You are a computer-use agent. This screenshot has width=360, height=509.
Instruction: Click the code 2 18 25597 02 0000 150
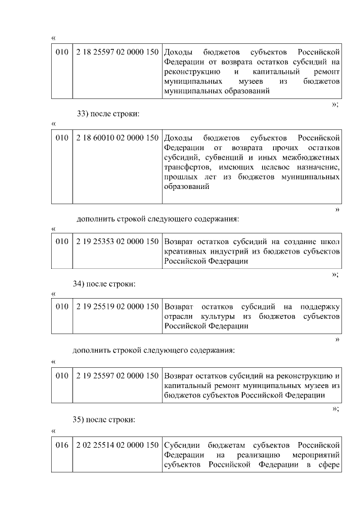point(117,52)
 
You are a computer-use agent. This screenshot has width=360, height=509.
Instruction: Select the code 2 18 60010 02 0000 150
point(117,138)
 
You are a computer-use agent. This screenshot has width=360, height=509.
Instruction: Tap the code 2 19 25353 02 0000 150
point(117,241)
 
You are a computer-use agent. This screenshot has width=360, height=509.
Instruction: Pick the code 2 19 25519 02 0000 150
point(117,307)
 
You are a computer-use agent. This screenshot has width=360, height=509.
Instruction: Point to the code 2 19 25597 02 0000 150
point(117,375)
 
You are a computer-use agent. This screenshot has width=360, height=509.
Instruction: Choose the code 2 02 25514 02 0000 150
point(117,445)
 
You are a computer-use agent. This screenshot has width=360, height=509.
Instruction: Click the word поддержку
point(321,307)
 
